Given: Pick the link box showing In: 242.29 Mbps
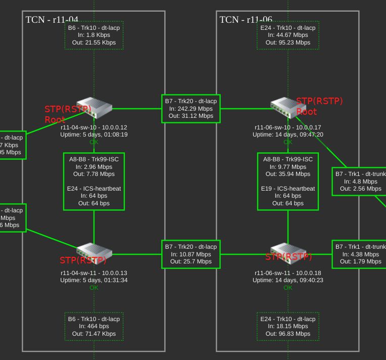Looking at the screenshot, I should pyautogui.click(x=191, y=109).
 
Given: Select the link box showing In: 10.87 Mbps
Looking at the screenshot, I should pyautogui.click(x=191, y=254).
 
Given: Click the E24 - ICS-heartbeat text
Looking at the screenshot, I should pyautogui.click(x=94, y=189).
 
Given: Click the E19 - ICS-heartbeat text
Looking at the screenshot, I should pyautogui.click(x=288, y=189).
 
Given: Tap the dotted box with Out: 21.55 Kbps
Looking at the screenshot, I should pyautogui.click(x=94, y=35).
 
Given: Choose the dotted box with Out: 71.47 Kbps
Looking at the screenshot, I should pyautogui.click(x=94, y=327).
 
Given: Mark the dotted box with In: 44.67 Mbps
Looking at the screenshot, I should pyautogui.click(x=288, y=35).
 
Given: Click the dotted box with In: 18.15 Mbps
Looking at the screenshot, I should pyautogui.click(x=288, y=327).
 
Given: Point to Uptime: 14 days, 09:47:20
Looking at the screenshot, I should pyautogui.click(x=288, y=135).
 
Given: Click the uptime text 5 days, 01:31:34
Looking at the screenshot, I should pyautogui.click(x=94, y=280).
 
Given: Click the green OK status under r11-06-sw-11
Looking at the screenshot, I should pyautogui.click(x=288, y=288).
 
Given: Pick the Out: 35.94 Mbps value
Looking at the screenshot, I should pyautogui.click(x=288, y=174).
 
